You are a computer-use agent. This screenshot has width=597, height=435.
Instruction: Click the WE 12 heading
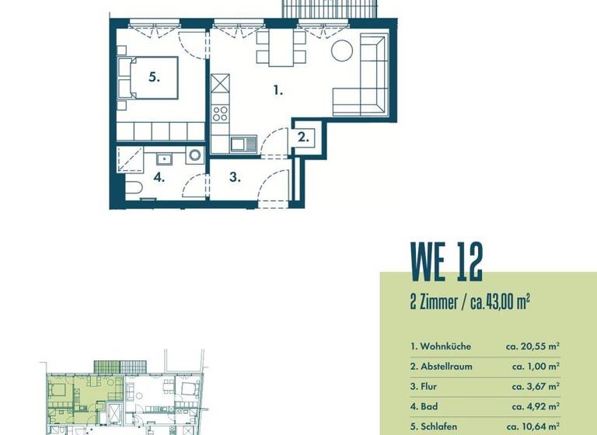pyautogui.click(x=446, y=262)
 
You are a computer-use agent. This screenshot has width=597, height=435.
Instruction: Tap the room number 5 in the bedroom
pyautogui.click(x=155, y=77)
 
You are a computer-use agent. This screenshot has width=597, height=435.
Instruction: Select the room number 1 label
pyautogui.click(x=278, y=90)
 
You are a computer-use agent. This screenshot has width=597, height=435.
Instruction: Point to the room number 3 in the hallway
pyautogui.click(x=235, y=177)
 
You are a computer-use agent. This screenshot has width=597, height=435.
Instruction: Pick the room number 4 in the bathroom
pyautogui.click(x=159, y=178)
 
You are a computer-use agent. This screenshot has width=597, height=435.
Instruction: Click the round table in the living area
pyautogui.click(x=342, y=52)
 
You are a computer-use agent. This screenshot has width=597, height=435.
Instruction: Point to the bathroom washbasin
pyautogui.click(x=165, y=159)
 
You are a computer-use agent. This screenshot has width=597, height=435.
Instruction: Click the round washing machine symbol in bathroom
pyautogui.click(x=194, y=156)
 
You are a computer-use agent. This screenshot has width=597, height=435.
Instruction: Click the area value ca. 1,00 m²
pyautogui.click(x=536, y=366)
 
